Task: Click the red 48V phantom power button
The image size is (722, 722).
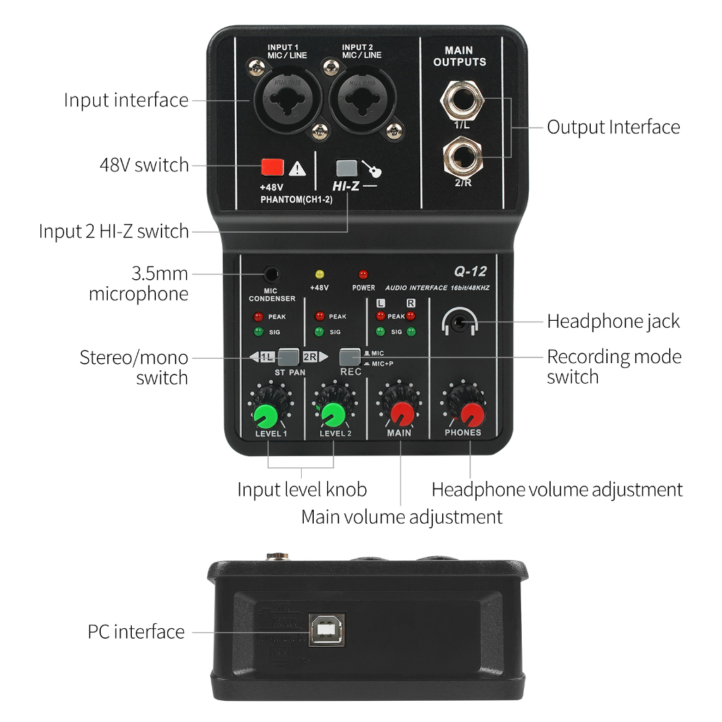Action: click(x=272, y=167)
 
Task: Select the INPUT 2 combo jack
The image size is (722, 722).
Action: click(x=361, y=99)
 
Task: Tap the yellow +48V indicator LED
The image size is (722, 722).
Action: click(x=319, y=274)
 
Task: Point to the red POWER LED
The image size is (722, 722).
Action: click(x=364, y=274)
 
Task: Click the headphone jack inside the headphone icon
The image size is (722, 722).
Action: click(x=460, y=323)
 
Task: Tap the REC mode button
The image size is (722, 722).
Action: click(x=349, y=356)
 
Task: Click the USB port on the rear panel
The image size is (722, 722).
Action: click(x=326, y=629)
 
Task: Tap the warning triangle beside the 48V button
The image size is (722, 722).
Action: click(x=298, y=168)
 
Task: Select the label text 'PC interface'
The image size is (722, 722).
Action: click(x=136, y=632)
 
